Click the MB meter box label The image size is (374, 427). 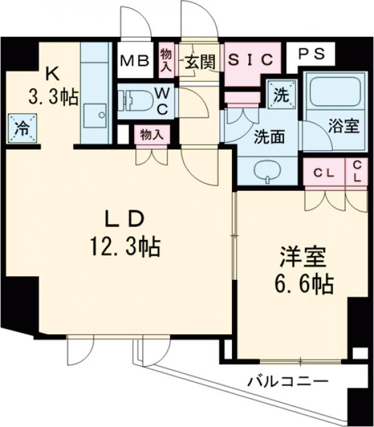[134, 61]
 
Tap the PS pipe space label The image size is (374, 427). [310, 54]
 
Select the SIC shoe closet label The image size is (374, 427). [249, 60]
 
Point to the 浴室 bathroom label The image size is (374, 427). [343, 127]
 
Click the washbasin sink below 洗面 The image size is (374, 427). [268, 170]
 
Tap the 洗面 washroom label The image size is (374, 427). [269, 137]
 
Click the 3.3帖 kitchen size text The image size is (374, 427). [52, 97]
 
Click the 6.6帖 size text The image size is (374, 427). [304, 284]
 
